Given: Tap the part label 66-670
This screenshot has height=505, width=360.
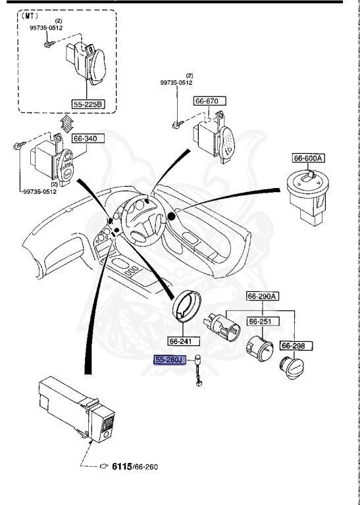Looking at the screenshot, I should point(209,101).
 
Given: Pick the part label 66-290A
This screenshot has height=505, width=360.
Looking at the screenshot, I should point(263,297).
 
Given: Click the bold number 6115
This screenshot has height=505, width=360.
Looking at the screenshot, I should point(123,466).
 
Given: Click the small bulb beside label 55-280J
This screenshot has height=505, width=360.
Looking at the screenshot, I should point(197,377).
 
